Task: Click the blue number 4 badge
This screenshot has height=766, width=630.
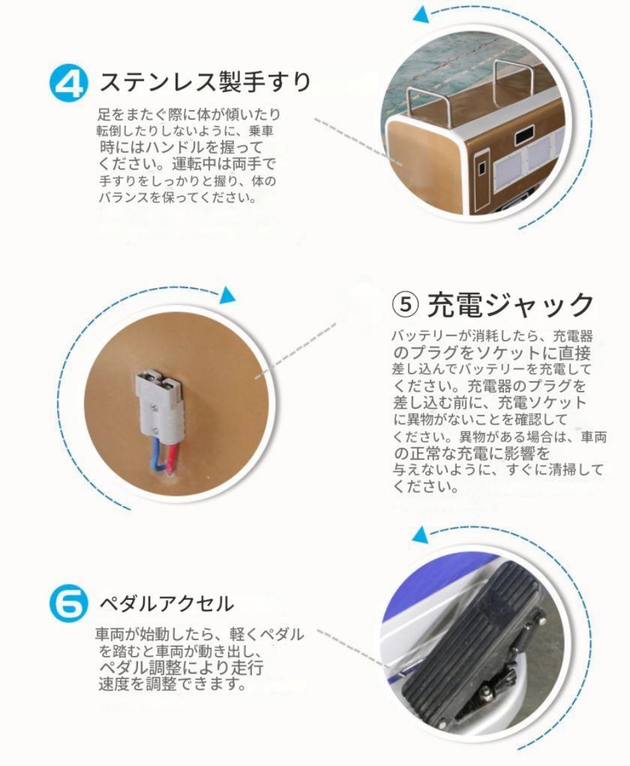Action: pyautogui.click(x=69, y=84)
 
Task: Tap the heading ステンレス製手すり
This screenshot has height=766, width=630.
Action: pyautogui.click(x=206, y=81)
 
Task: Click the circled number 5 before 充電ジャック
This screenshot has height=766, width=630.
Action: pyautogui.click(x=405, y=304)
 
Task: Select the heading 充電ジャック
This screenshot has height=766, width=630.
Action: pyautogui.click(x=510, y=304)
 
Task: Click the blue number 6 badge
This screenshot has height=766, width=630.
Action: pyautogui.click(x=69, y=604)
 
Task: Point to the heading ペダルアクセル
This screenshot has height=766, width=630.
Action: pyautogui.click(x=167, y=604)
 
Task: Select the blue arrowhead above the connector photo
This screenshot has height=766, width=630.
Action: pyautogui.click(x=227, y=295)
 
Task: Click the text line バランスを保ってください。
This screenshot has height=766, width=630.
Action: pyautogui.click(x=178, y=197)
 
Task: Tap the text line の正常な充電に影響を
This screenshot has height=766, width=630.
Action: pyautogui.click(x=472, y=453)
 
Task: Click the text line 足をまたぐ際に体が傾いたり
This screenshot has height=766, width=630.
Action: pyautogui.click(x=188, y=115)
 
